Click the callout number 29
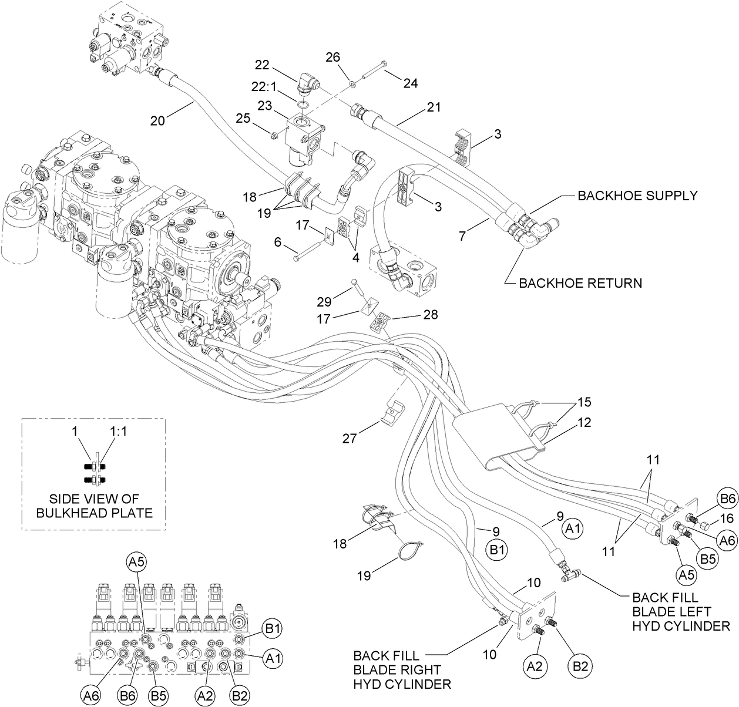[x=324, y=302]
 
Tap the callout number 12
[x=583, y=422]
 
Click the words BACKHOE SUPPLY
[x=637, y=196]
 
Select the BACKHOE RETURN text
[x=580, y=283]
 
